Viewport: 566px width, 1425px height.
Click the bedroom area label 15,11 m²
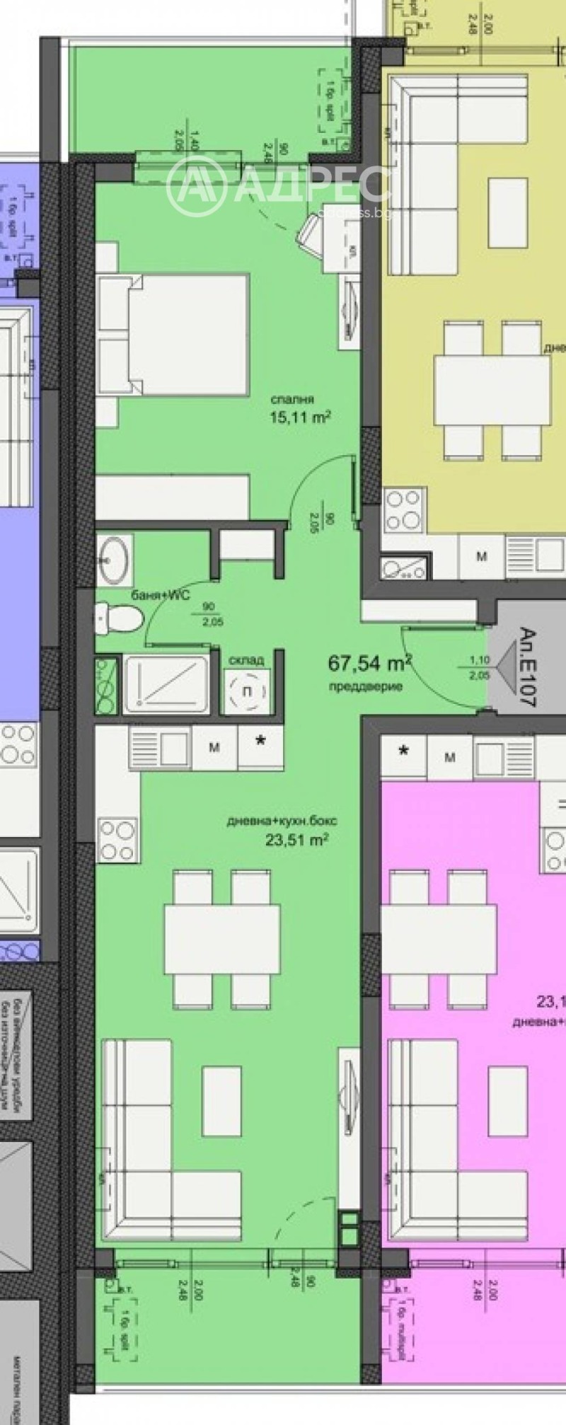click(x=300, y=417)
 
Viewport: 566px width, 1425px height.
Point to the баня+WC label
click(x=160, y=596)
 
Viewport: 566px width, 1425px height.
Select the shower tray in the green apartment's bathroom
click(x=167, y=683)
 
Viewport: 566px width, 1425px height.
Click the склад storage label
click(x=246, y=659)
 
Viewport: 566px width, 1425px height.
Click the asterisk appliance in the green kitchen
click(x=260, y=742)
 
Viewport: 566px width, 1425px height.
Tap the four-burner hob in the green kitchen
click(x=117, y=839)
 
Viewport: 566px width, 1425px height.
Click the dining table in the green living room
click(x=221, y=939)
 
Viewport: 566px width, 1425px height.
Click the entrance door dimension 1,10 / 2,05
click(x=480, y=667)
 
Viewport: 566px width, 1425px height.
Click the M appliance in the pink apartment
click(x=449, y=757)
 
